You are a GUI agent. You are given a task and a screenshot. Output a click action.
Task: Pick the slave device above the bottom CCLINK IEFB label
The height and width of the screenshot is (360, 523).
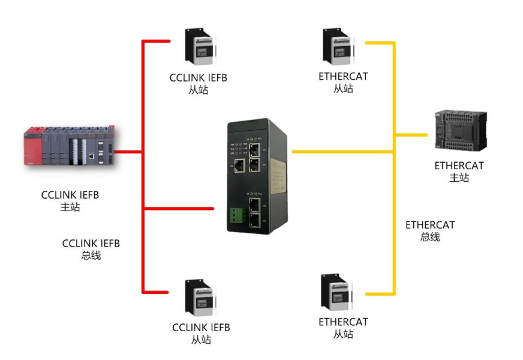(200, 299)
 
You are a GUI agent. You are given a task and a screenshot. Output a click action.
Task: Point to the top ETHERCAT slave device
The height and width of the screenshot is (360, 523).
(335, 48)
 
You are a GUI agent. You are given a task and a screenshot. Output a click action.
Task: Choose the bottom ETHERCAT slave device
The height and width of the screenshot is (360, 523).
(336, 294)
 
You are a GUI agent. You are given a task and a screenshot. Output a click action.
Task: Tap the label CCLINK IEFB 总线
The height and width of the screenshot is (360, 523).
(91, 250)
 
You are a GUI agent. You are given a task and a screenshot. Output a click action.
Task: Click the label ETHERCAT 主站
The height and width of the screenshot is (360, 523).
(459, 172)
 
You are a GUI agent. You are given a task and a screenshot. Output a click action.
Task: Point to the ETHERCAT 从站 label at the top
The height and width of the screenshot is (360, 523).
(343, 83)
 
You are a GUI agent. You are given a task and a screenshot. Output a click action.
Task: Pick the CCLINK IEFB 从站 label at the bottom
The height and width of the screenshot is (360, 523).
(201, 334)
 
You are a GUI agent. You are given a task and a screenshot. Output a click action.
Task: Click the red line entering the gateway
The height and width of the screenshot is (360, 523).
(180, 208)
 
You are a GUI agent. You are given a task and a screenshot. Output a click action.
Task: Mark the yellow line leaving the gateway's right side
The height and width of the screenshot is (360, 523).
(342, 152)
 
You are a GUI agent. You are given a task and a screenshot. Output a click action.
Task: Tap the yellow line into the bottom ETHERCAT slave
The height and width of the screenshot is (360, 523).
(378, 293)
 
